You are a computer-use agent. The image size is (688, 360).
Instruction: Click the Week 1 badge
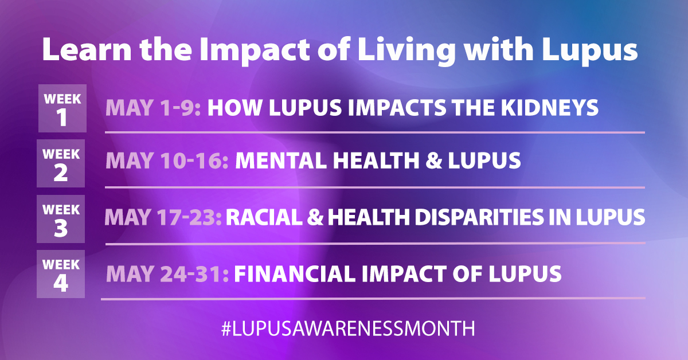(62, 108)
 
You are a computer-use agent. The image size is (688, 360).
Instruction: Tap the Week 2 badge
(61, 163)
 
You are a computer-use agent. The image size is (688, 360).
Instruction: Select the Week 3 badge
(61, 218)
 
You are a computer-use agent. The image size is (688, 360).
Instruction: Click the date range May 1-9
(153, 108)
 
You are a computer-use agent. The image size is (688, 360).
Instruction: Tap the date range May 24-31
(167, 273)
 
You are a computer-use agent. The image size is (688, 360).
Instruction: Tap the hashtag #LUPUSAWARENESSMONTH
(348, 328)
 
